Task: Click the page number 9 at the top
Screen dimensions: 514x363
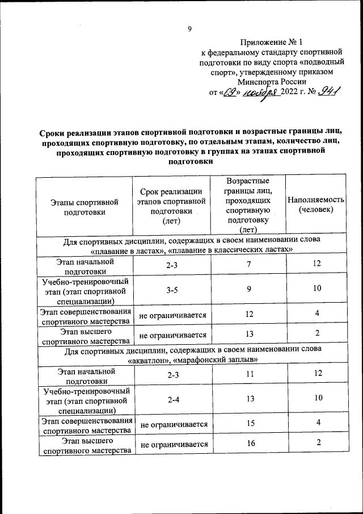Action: pyautogui.click(x=189, y=30)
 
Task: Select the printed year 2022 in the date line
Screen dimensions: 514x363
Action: pyautogui.click(x=292, y=94)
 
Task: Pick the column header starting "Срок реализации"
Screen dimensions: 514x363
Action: pyautogui.click(x=171, y=206)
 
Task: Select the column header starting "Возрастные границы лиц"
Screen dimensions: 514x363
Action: pyautogui.click(x=248, y=205)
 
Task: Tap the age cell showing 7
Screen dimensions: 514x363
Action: pyautogui.click(x=248, y=264)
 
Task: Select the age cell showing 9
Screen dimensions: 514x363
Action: pyautogui.click(x=248, y=290)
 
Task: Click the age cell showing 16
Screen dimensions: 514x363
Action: pyautogui.click(x=248, y=444)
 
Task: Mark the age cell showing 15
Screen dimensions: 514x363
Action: pyautogui.click(x=248, y=423)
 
